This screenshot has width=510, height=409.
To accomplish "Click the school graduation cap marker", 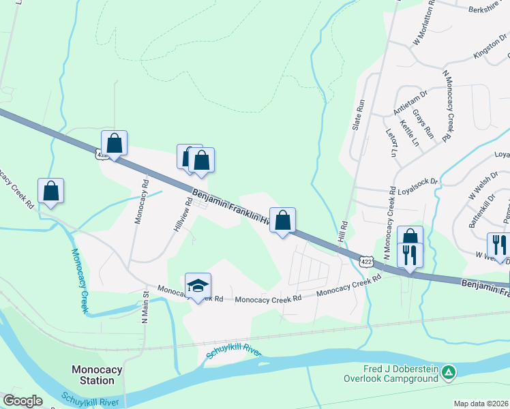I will click(198, 287).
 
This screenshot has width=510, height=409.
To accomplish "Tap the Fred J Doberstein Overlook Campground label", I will click(389, 374).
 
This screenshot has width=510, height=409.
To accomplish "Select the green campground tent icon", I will click(448, 373).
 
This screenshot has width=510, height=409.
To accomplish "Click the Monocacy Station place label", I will click(97, 375).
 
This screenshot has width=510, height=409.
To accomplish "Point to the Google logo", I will click(22, 401).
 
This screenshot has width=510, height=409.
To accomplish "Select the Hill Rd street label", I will click(344, 232).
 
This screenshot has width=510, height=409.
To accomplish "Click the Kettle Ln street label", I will click(410, 133).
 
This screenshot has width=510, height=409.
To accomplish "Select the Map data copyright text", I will click(481, 404).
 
